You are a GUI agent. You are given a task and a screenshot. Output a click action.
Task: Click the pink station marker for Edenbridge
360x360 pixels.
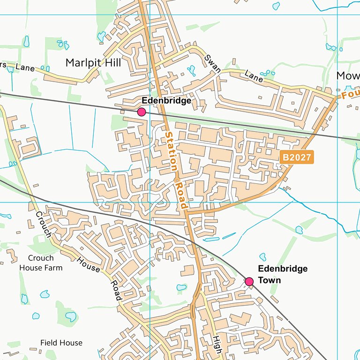coord(141,112)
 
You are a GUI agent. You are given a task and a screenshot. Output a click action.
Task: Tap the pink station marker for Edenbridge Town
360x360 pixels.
coord(249,281)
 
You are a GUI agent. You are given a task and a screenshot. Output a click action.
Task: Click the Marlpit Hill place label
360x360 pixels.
coord(93,62)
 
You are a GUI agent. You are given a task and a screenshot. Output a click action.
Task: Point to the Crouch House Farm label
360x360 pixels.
coord(41,263)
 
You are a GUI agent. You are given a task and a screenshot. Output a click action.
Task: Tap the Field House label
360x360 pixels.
coord(61,343)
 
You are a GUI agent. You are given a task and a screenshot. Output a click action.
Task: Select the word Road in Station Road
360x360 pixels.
coord(181,194)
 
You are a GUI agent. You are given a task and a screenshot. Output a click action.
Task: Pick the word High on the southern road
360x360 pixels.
coord(216,345)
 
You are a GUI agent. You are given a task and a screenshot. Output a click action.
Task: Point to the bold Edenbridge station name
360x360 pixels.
coord(166,101)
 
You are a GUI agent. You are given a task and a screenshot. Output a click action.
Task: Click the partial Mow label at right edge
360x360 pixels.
coord(348,76)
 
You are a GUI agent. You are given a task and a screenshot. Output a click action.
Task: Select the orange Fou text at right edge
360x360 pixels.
coord(350,95)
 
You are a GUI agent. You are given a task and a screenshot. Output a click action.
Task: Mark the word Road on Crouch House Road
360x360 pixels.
coord(116,291)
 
